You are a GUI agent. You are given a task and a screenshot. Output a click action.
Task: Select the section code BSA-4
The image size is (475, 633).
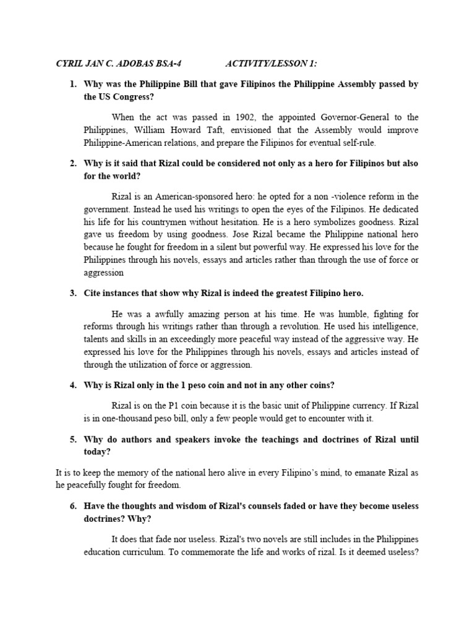coord(169,64)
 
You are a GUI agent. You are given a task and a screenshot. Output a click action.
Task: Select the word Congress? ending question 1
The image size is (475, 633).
coord(135,96)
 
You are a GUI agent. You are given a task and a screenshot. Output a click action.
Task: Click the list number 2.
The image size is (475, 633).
coord(73,163)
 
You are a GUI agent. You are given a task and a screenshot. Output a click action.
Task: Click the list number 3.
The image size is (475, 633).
coord(73,292)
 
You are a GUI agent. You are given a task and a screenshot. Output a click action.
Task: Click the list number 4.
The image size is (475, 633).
coord(73,385)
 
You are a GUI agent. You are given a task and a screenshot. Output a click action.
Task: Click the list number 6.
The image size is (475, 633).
coord(73,506)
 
